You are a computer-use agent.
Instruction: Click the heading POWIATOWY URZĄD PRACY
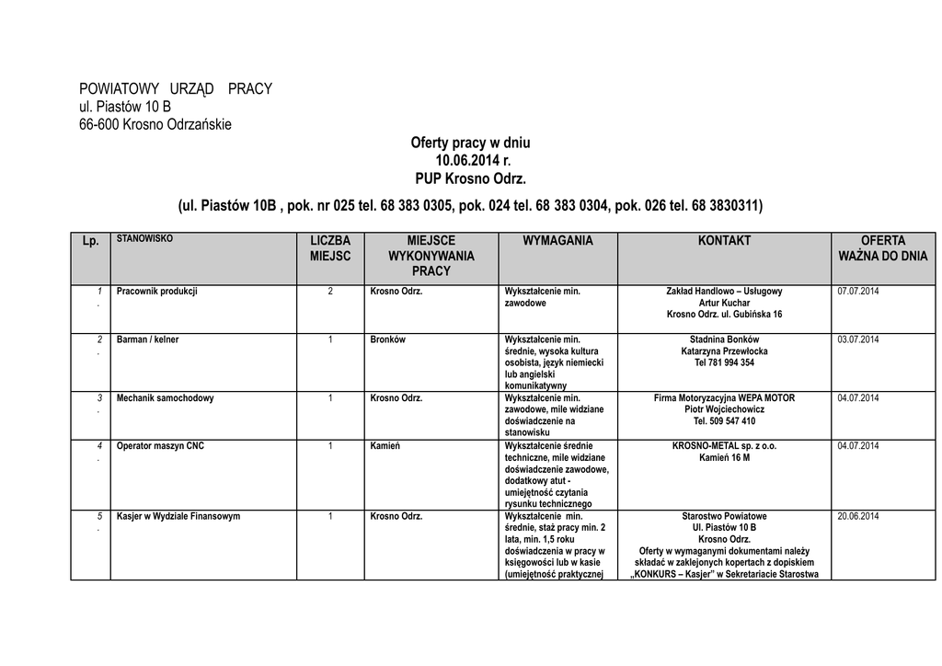pyautogui.click(x=176, y=88)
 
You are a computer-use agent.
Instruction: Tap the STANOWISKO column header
pyautogui.click(x=144, y=238)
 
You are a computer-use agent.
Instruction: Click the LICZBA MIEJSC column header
pyautogui.click(x=330, y=248)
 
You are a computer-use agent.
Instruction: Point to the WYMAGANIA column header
pyautogui.click(x=557, y=241)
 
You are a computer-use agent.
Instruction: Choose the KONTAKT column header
pyautogui.click(x=724, y=241)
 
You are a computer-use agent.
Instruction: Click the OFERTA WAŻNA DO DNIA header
pyautogui.click(x=882, y=248)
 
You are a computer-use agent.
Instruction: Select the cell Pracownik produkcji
pyautogui.click(x=157, y=292)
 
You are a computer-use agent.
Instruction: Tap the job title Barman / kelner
pyautogui.click(x=148, y=339)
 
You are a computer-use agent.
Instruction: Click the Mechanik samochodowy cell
pyautogui.click(x=166, y=398)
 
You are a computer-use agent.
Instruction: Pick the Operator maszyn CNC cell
pyautogui.click(x=161, y=446)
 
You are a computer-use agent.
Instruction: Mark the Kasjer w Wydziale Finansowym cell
pyautogui.click(x=178, y=516)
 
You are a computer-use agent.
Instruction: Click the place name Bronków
pyautogui.click(x=387, y=339)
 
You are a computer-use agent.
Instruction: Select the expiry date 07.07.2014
pyautogui.click(x=858, y=292)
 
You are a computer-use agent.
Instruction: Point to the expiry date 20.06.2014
pyautogui.click(x=858, y=516)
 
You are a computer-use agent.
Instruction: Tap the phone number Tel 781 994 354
pyautogui.click(x=724, y=362)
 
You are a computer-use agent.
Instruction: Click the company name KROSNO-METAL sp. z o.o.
pyautogui.click(x=724, y=446)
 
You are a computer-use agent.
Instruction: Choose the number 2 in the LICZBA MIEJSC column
pyautogui.click(x=330, y=292)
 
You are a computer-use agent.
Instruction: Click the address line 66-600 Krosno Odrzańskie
pyautogui.click(x=155, y=124)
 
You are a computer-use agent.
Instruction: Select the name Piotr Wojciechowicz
pyautogui.click(x=724, y=409)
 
